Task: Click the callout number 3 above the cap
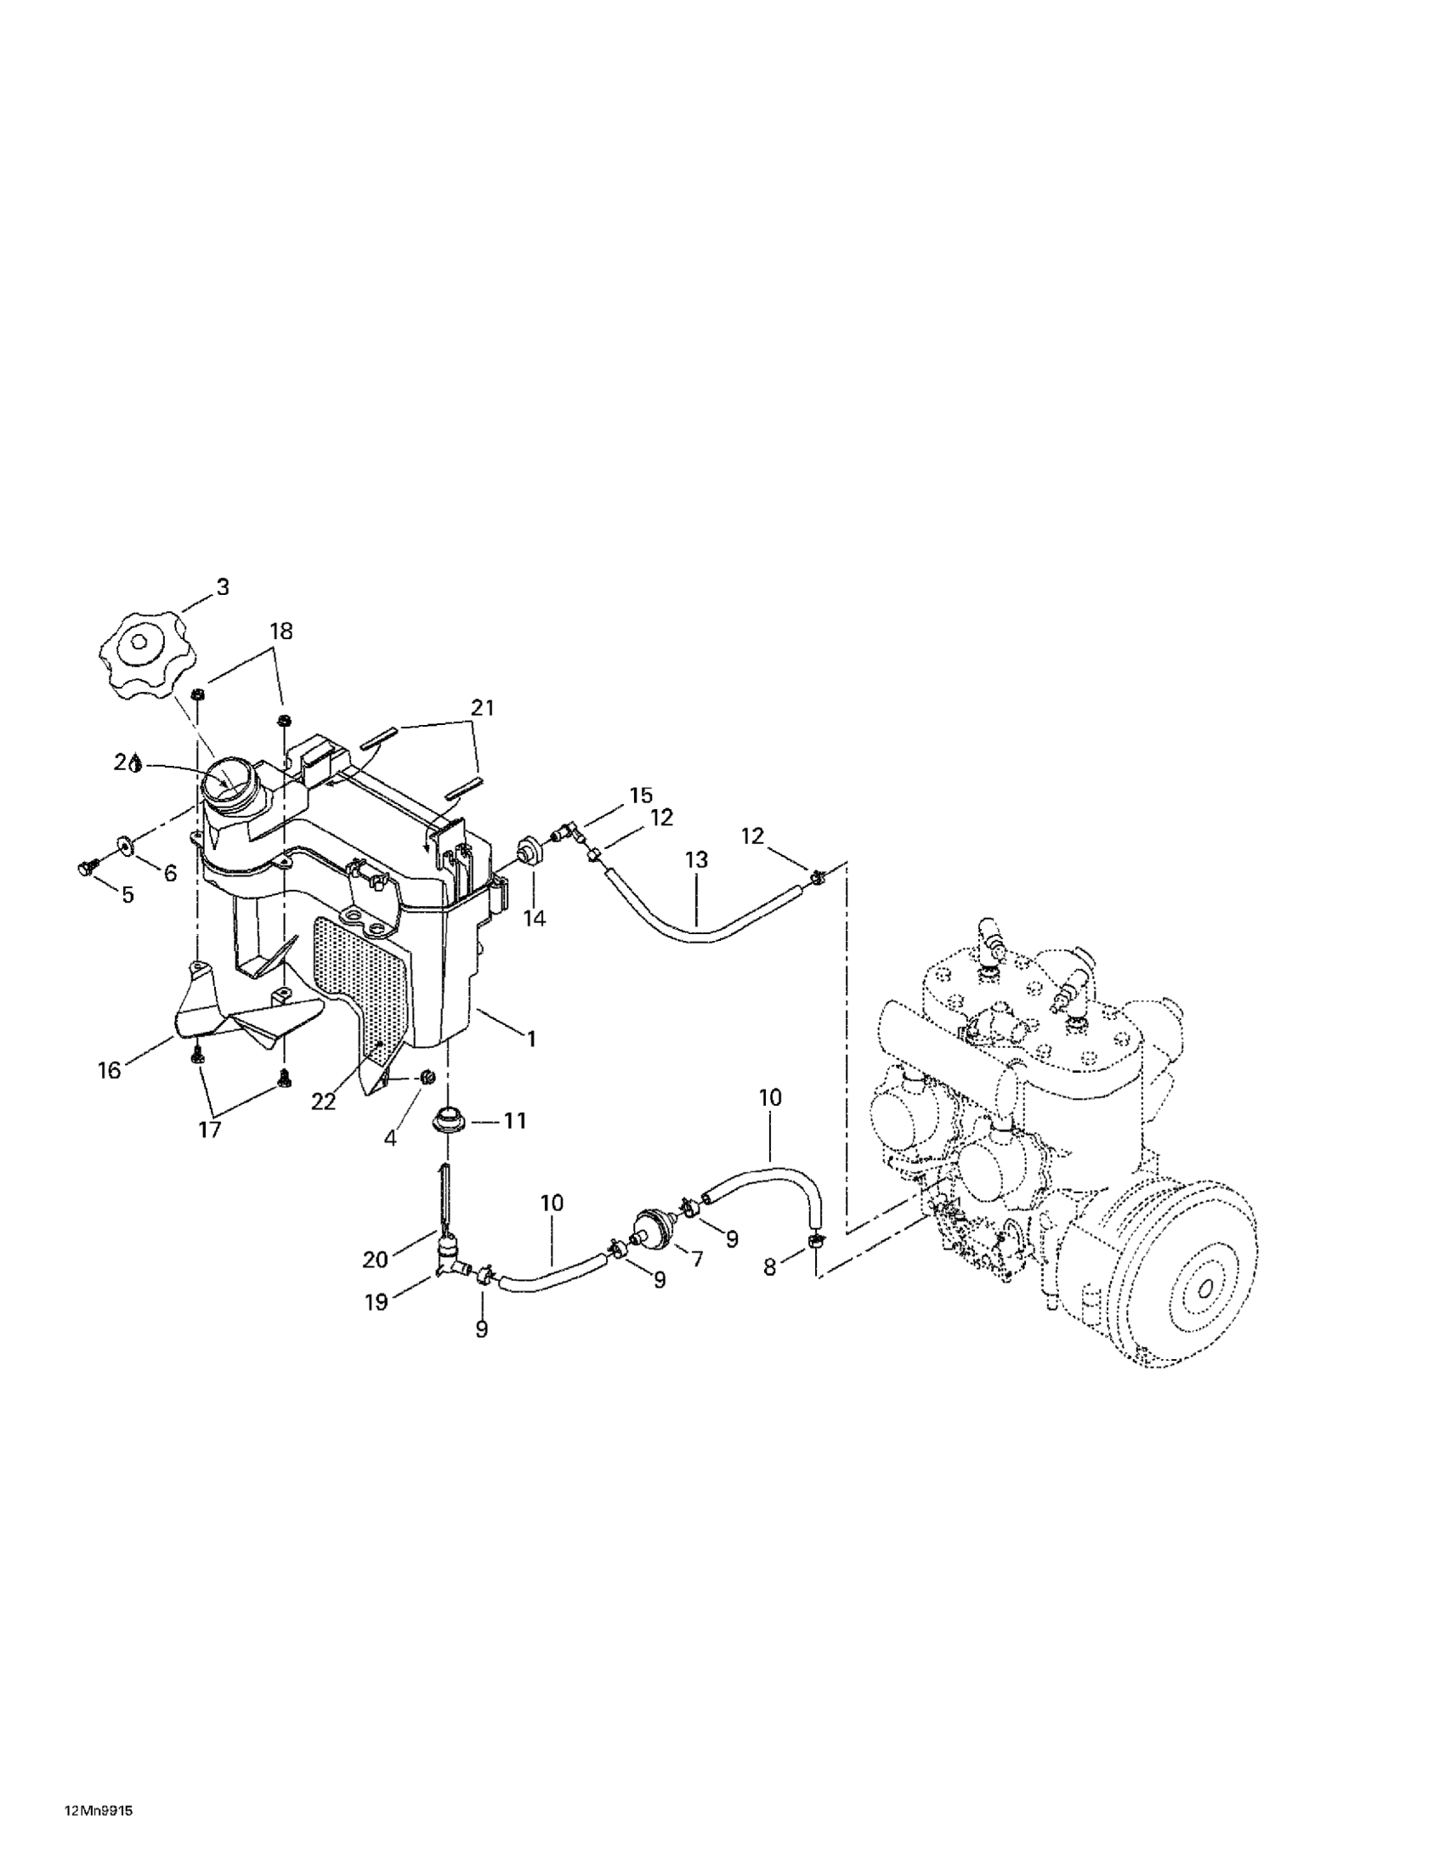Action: pos(223,587)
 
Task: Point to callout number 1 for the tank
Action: pos(531,1039)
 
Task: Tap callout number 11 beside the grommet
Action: pos(514,1120)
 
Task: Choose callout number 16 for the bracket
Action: pos(109,1070)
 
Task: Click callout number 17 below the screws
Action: pos(209,1130)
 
